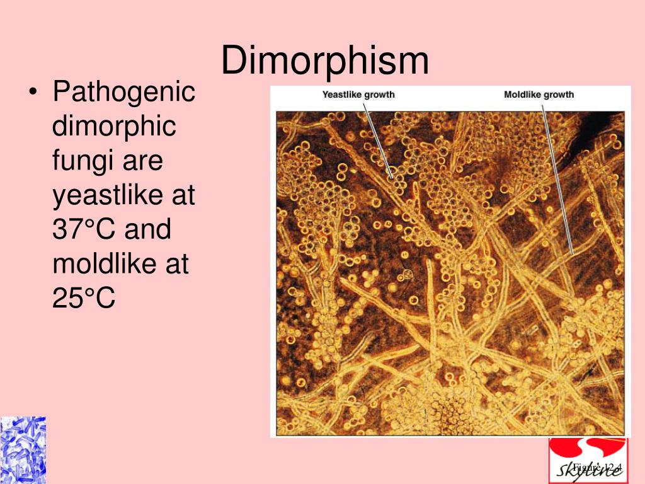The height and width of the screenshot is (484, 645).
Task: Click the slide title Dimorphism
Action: point(325,61)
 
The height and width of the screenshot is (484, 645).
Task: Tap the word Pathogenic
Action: point(123,93)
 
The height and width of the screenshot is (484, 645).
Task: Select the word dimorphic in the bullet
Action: point(114,127)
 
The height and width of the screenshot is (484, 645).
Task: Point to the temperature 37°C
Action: point(84,229)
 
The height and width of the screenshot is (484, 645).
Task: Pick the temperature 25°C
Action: point(84,298)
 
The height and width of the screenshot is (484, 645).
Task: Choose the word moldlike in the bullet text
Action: point(100,264)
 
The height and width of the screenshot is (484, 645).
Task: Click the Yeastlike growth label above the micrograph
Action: point(358,95)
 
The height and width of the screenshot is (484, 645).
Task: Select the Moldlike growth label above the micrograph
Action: point(539,95)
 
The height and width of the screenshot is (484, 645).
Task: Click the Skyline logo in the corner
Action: point(587,461)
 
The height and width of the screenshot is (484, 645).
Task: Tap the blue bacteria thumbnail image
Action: point(23,450)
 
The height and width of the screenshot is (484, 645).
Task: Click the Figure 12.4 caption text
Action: point(597,467)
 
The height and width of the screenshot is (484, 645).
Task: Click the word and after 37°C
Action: point(147,229)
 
